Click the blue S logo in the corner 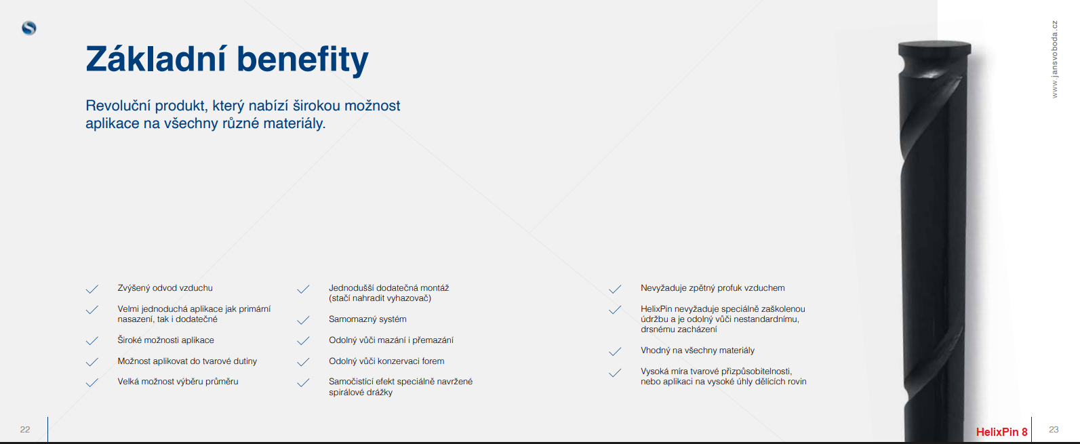[29, 28]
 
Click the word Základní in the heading [155, 59]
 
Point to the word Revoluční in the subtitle [118, 106]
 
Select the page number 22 [25, 430]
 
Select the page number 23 [1054, 430]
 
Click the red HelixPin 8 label [1001, 432]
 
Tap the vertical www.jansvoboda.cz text [1054, 59]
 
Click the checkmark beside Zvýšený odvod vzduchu [92, 289]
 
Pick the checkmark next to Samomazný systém [303, 320]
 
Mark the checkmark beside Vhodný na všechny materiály [615, 351]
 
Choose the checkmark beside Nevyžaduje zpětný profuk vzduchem [615, 289]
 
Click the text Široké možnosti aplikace [166, 340]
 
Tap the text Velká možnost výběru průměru [178, 382]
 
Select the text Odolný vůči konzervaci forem [386, 361]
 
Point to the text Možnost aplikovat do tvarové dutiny [187, 361]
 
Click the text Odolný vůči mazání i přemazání [391, 340]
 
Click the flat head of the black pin [934, 47]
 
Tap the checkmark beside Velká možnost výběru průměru [92, 383]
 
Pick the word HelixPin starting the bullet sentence [656, 309]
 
